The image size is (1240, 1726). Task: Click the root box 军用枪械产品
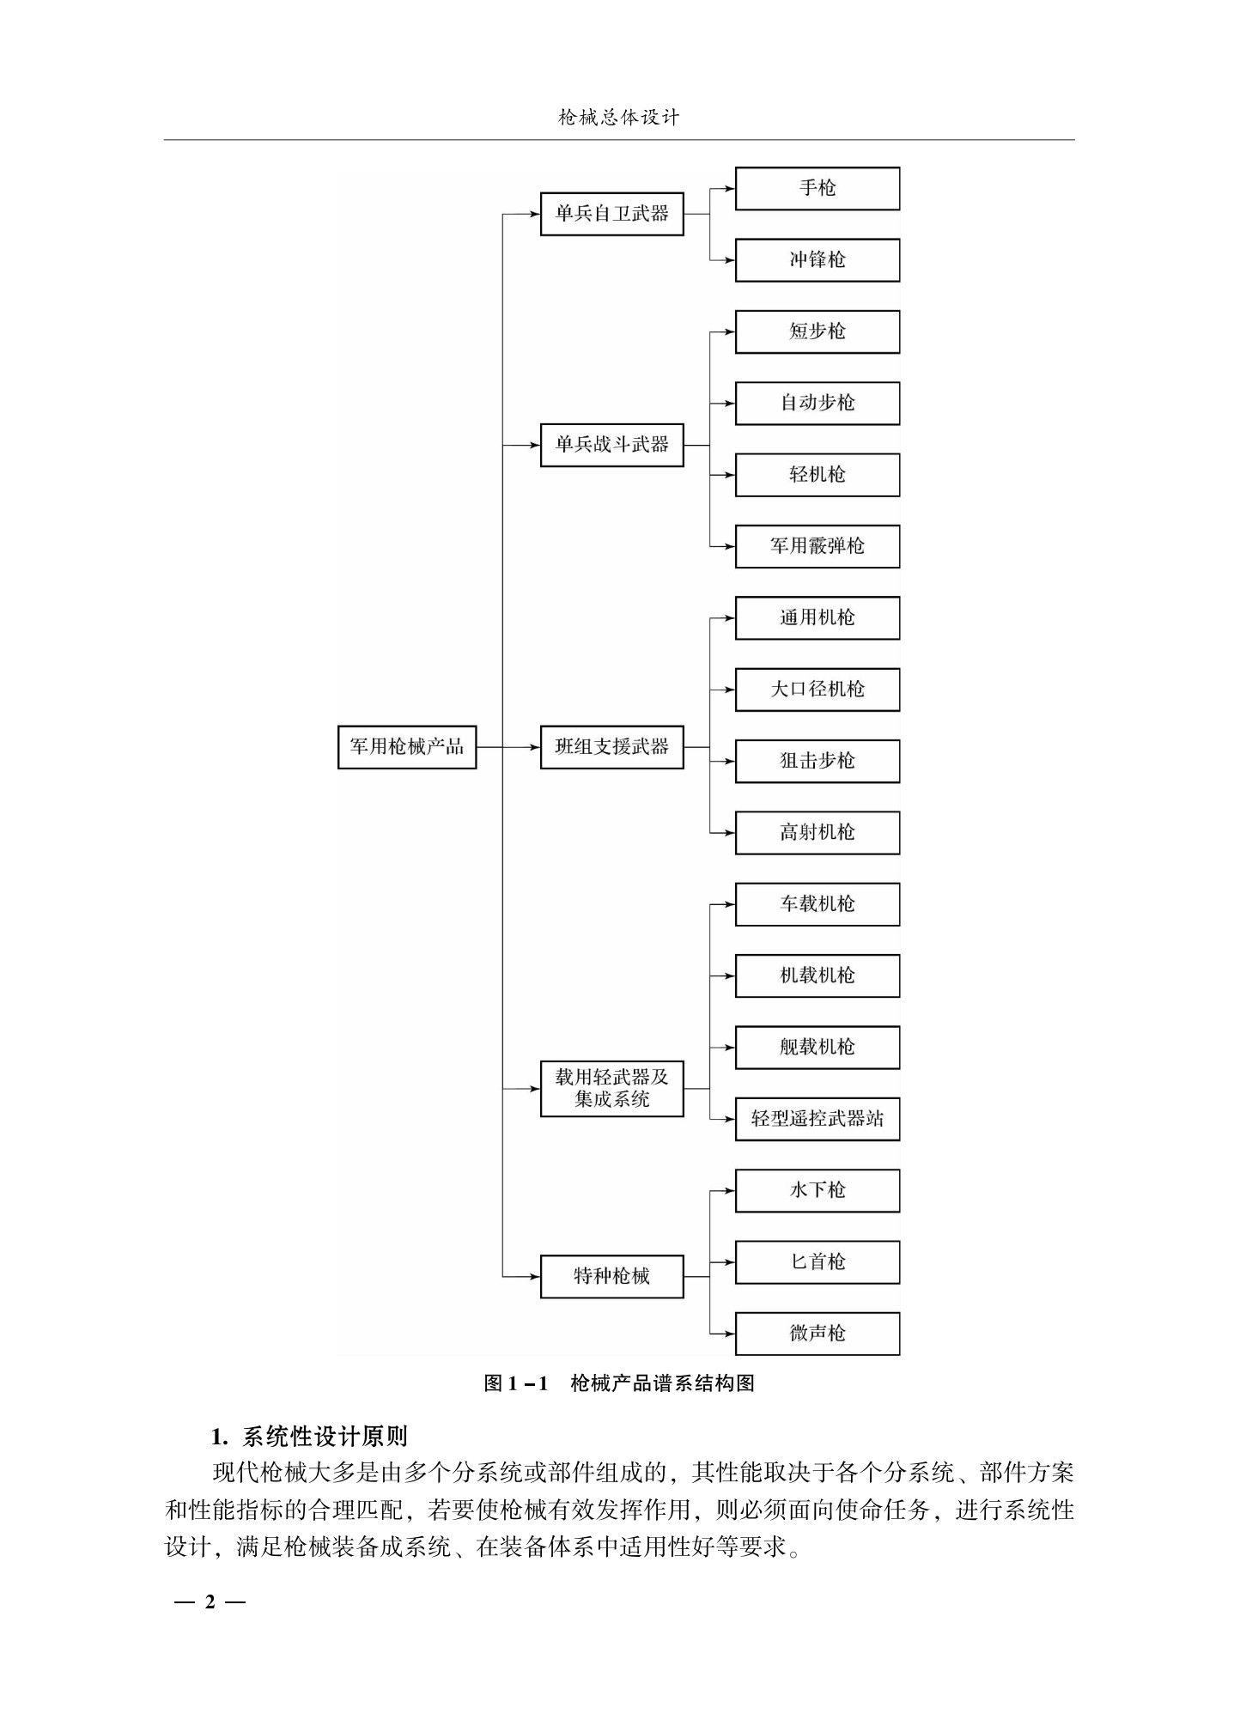pos(406,747)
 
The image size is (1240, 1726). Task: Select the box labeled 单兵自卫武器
pos(611,214)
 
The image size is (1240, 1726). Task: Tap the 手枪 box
pos(817,188)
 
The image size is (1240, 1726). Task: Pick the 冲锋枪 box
pos(817,260)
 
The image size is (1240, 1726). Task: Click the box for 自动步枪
pos(817,403)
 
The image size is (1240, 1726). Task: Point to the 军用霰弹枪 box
pos(817,546)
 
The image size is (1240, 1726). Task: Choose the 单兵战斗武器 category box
pos(611,445)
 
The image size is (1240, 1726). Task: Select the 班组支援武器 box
pos(611,747)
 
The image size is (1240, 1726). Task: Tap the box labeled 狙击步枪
pos(817,761)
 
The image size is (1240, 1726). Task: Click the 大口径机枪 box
pos(817,690)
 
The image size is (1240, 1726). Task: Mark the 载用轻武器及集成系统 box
pos(611,1089)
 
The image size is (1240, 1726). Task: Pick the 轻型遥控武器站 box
pos(817,1119)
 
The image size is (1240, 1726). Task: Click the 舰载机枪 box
pos(817,1048)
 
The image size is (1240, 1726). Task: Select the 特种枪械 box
pos(611,1277)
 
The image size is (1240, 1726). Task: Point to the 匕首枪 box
pos(817,1262)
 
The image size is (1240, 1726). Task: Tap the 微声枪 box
pos(817,1334)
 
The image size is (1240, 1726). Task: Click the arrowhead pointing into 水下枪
pos(730,1191)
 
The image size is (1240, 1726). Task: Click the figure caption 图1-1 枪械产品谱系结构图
pos(619,1383)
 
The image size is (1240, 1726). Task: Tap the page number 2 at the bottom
pos(210,1601)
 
